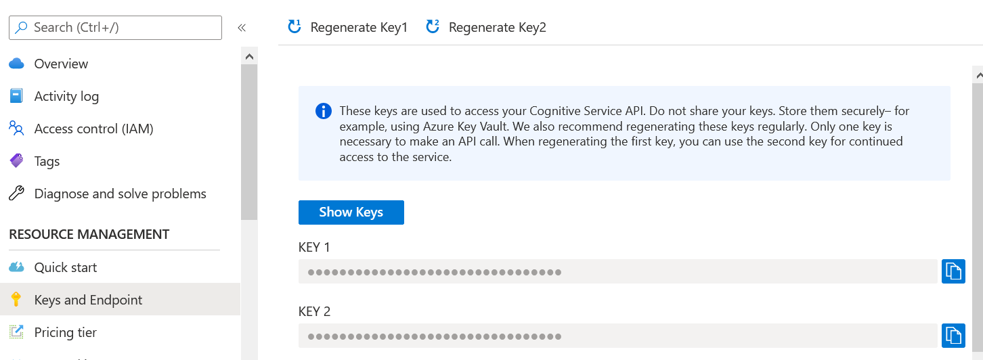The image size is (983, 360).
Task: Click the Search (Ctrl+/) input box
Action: [115, 28]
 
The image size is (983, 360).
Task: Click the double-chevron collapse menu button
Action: [242, 28]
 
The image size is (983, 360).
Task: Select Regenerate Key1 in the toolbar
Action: [347, 27]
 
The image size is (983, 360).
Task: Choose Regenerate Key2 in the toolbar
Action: [486, 27]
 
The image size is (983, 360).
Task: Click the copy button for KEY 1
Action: [953, 271]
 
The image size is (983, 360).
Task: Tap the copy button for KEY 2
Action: [953, 336]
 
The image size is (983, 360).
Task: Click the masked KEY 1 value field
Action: [618, 271]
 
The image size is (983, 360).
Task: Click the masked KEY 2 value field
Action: [618, 336]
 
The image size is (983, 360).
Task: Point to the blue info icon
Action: [324, 111]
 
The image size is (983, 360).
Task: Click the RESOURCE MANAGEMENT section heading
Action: [89, 234]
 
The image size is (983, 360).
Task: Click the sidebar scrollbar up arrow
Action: [249, 56]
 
